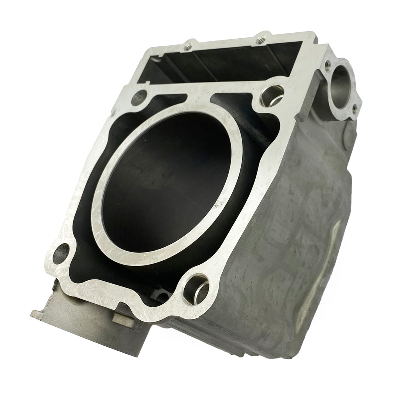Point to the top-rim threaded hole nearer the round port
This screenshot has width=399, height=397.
tap(260, 39)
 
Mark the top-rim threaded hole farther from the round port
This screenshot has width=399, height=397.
tap(190, 44)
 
